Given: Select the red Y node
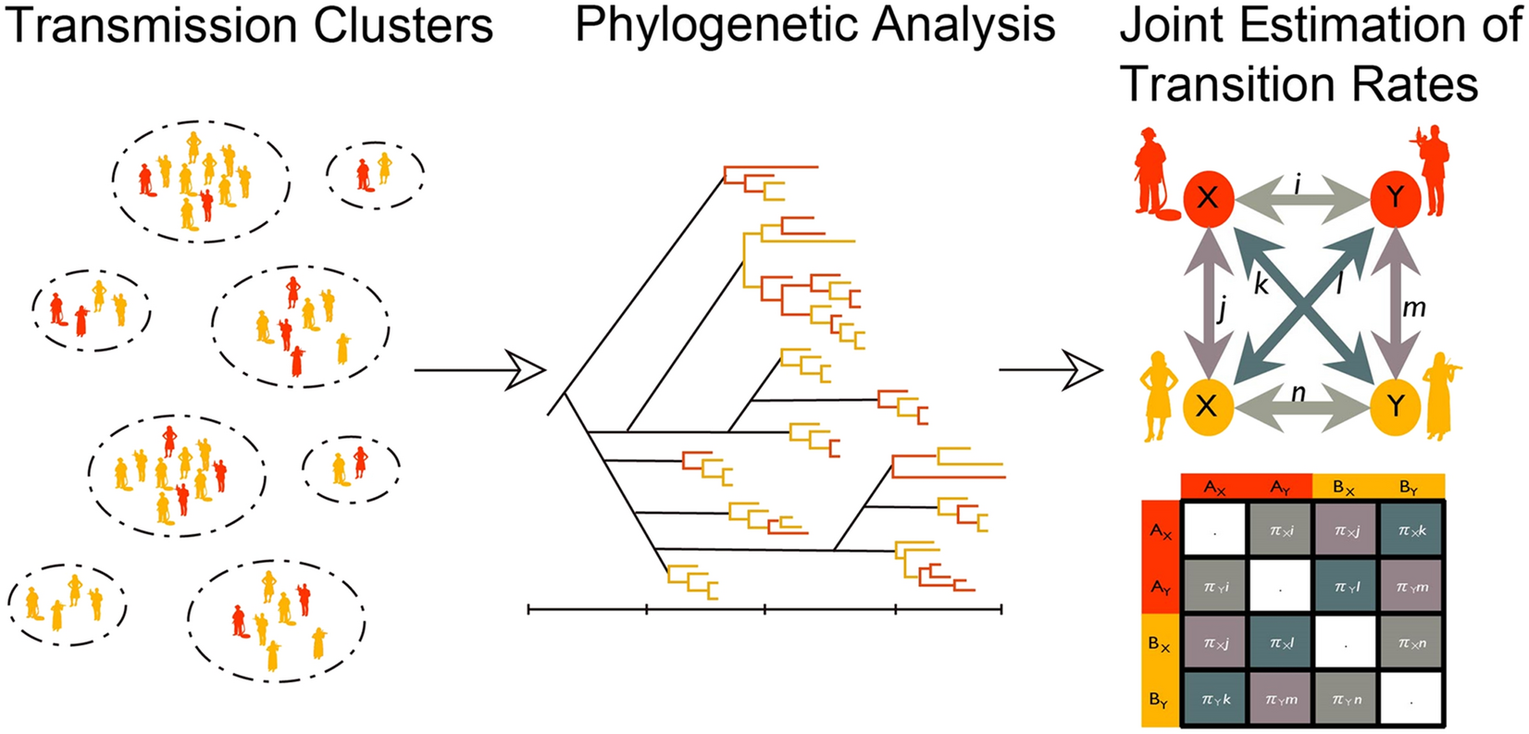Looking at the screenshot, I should click(1395, 197).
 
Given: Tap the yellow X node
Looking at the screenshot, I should click(1207, 404).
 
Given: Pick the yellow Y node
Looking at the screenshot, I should click(1394, 404).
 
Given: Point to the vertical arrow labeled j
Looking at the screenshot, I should click(1206, 301).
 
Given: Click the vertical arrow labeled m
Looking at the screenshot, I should click(1394, 301).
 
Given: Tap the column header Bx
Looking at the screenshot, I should click(1345, 487).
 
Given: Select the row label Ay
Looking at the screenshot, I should click(1160, 587).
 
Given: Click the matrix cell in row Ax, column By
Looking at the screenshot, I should click(1411, 530).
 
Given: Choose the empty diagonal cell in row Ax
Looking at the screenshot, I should click(1214, 530).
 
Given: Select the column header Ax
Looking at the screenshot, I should click(1214, 487).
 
